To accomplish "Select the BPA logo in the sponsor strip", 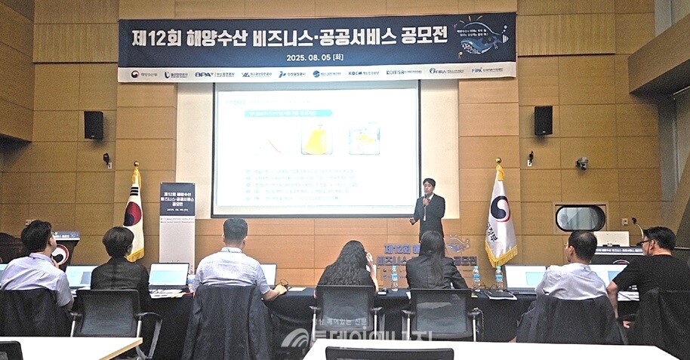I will (204, 74).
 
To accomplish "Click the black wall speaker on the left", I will (94, 125).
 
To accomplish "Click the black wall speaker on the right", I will (543, 121).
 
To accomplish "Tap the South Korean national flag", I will (134, 214).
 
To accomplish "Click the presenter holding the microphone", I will (429, 208).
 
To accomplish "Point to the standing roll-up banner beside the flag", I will (177, 222).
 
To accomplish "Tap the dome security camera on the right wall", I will (581, 163).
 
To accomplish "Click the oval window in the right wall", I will (580, 218).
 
